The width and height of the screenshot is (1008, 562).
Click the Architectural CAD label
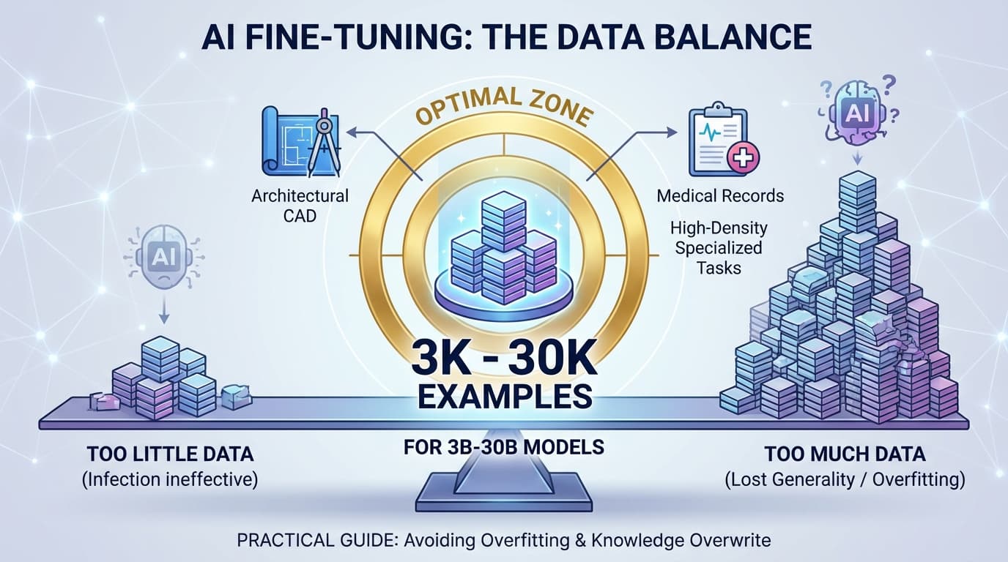300,206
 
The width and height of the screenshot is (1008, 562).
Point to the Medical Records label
720,196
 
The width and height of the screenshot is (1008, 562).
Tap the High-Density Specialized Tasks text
719,247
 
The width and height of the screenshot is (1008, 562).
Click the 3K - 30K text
503,356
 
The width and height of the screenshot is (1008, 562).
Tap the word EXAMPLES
504,397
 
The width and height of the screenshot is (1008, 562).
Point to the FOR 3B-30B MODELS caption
504,446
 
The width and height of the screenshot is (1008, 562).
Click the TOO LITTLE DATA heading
170,454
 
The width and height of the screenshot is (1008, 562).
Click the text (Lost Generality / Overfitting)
844,480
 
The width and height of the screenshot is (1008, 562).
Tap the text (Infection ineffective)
170,480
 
